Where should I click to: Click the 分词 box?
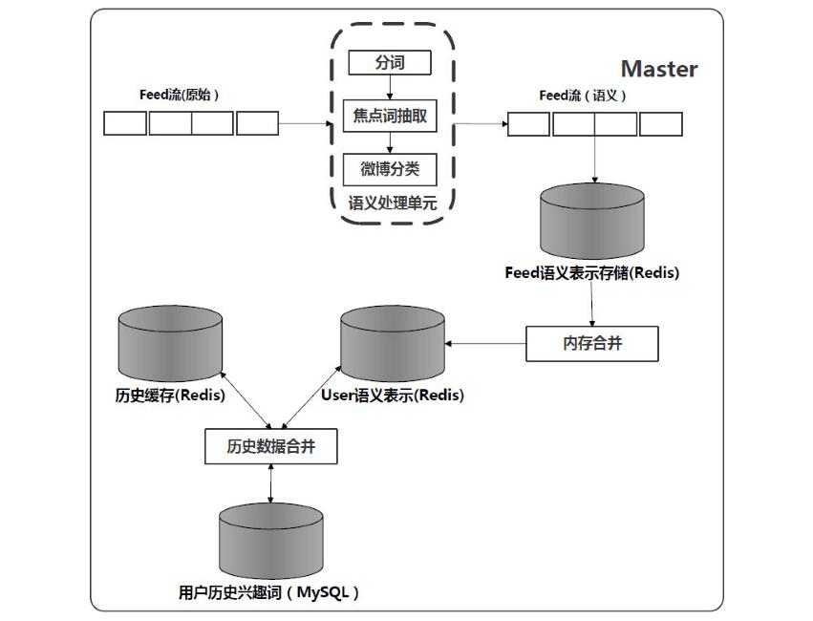pos(389,64)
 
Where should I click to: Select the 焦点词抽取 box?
pos(389,117)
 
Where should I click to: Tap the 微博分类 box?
pos(389,170)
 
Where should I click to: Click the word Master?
pos(659,69)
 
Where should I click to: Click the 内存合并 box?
pos(592,343)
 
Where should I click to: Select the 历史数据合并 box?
pos(271,446)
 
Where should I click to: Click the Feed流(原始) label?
pos(180,96)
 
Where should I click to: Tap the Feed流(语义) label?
pos(584,96)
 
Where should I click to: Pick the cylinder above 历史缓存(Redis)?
pos(168,344)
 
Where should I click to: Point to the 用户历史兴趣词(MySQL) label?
pos(270,592)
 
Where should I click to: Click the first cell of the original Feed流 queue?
pos(125,123)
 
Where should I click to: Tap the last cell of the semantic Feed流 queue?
pos(661,124)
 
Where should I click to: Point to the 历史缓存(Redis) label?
pos(170,395)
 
